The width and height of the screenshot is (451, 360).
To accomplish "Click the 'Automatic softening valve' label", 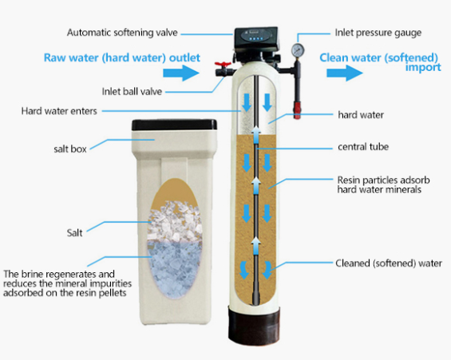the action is pyautogui.click(x=122, y=33).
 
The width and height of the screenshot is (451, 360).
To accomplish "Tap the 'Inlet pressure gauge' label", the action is pyautogui.click(x=378, y=33).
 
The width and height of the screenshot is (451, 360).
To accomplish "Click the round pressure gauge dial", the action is pyautogui.click(x=298, y=50).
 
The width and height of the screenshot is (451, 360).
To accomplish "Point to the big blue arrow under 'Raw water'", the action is pyautogui.click(x=181, y=73).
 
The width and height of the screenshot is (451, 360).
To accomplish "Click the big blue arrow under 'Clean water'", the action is pyautogui.click(x=345, y=73).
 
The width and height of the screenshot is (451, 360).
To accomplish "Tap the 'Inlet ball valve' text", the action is pyautogui.click(x=132, y=92).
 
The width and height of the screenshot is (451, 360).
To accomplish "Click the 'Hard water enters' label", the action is pyautogui.click(x=59, y=111).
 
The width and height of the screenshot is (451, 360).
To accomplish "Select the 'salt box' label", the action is pyautogui.click(x=70, y=149).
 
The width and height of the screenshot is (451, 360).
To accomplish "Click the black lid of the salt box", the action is pyautogui.click(x=174, y=125).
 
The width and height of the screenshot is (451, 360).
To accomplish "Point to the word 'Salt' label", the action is pyautogui.click(x=74, y=232).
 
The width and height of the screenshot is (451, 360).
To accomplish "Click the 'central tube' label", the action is pyautogui.click(x=363, y=147).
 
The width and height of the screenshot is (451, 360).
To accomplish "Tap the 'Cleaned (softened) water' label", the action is pyautogui.click(x=389, y=263).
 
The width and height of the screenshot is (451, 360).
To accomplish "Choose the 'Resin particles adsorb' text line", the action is pyautogui.click(x=383, y=180).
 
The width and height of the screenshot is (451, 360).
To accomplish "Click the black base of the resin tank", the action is pyautogui.click(x=254, y=325).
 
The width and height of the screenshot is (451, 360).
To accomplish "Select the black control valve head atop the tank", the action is pyautogui.click(x=256, y=38).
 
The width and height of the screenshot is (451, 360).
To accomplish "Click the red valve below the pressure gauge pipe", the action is pyautogui.click(x=297, y=110).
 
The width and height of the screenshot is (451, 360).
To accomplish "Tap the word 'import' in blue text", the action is pyautogui.click(x=423, y=68).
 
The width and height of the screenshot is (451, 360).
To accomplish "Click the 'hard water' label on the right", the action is pyautogui.click(x=361, y=115).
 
